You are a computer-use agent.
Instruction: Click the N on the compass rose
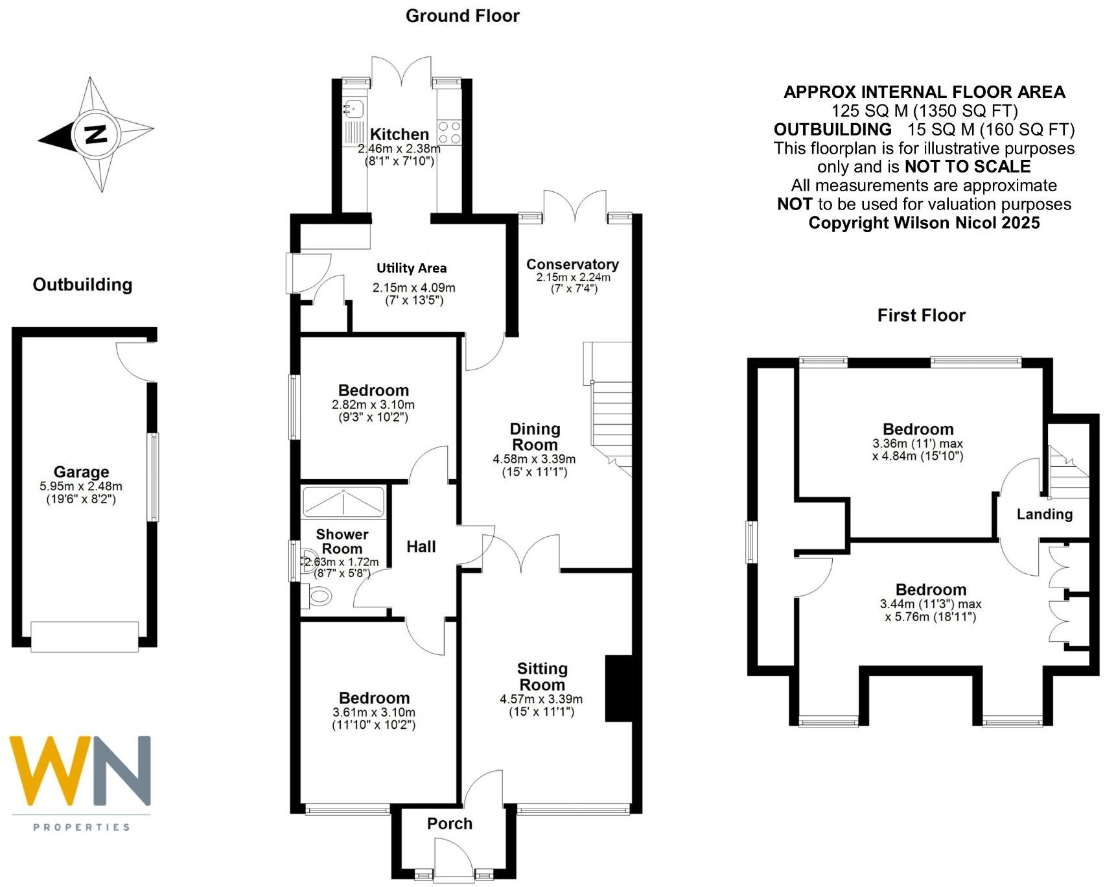tap(97, 134)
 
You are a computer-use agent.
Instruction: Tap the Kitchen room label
tap(399, 134)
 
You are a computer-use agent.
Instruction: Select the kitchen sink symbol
tap(354, 109)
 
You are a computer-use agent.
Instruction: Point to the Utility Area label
tap(412, 268)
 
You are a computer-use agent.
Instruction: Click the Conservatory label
tap(572, 264)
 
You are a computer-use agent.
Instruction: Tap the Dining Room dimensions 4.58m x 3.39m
tap(534, 459)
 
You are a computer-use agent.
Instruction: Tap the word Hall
tap(421, 547)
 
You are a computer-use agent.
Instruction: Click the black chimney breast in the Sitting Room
tap(618, 689)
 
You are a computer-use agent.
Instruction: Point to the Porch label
tap(450, 823)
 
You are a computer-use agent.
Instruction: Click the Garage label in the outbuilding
tap(81, 472)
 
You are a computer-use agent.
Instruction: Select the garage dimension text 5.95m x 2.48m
tap(81, 486)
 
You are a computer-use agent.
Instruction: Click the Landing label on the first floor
tap(1044, 514)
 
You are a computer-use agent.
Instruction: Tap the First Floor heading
tap(921, 316)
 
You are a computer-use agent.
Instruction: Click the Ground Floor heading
tap(462, 16)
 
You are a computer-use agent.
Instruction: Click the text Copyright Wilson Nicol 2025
tap(924, 223)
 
